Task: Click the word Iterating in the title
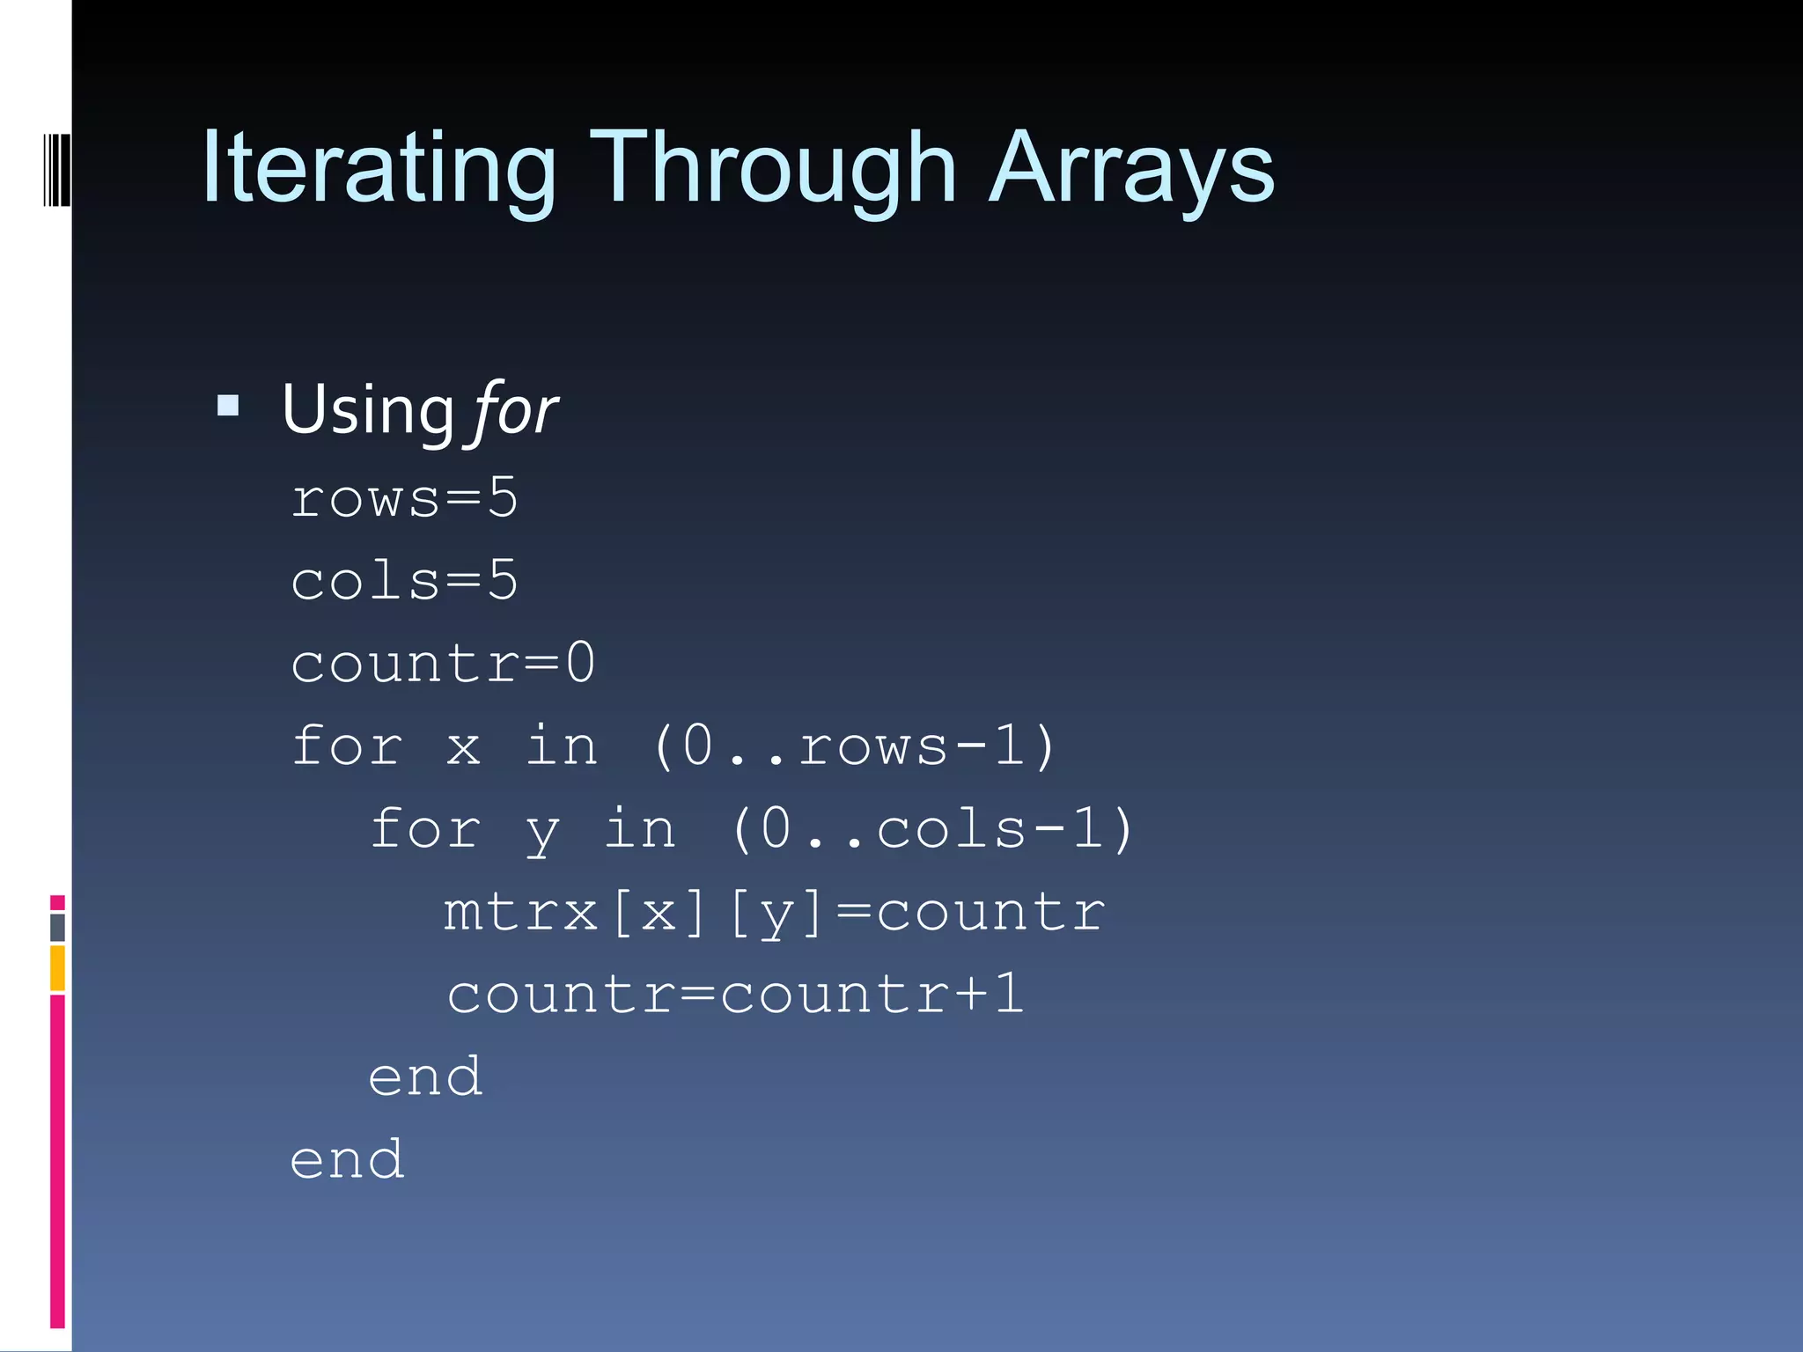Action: coord(379,167)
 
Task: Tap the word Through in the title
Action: coord(773,167)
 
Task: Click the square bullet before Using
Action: coord(228,406)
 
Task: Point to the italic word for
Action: coord(516,410)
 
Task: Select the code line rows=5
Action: coord(404,498)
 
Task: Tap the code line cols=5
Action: coord(404,581)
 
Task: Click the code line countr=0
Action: coord(443,663)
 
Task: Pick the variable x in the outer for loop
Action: coord(463,746)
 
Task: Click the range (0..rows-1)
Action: coord(853,746)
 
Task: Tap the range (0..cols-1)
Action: coord(931,829)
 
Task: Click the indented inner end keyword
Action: coord(425,1077)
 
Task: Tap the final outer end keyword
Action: coord(347,1160)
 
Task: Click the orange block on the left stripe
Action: coord(57,967)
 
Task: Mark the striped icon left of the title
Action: coord(56,169)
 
